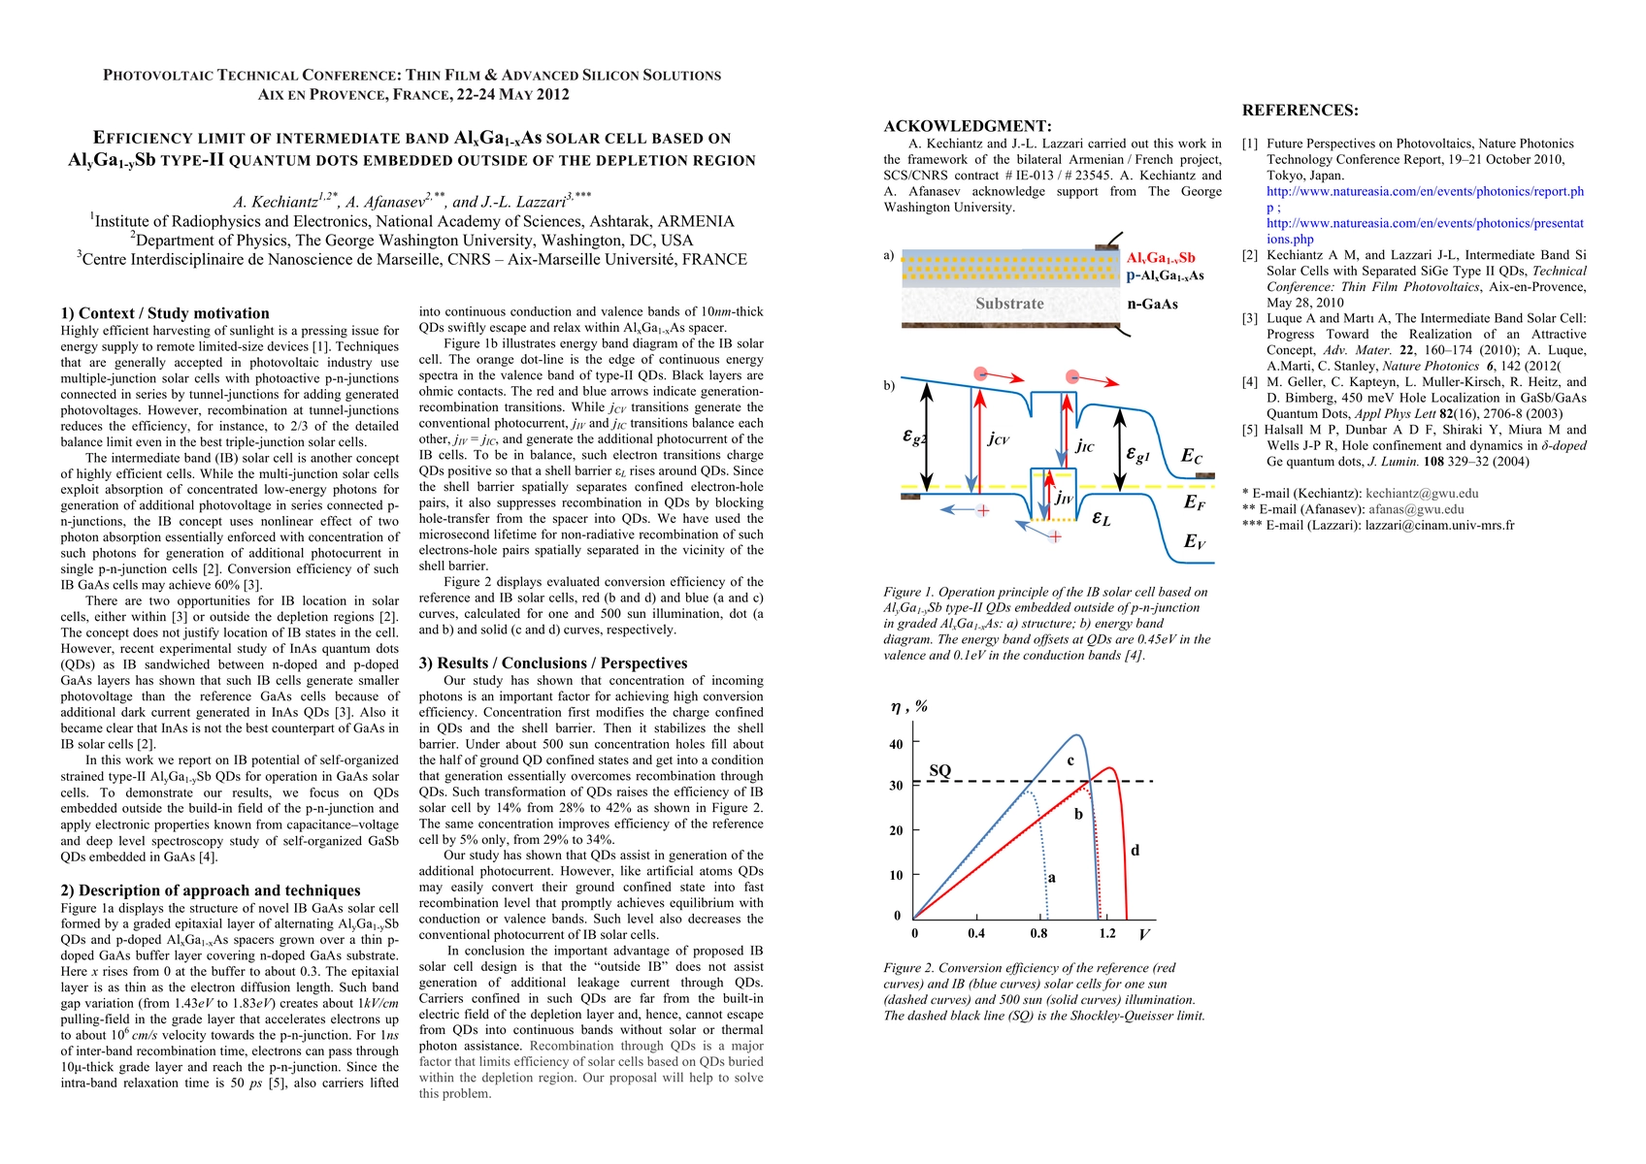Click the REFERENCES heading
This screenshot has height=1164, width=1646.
click(x=1300, y=111)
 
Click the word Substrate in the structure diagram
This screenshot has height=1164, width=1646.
click(x=1009, y=304)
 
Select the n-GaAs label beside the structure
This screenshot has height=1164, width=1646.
click(x=1152, y=305)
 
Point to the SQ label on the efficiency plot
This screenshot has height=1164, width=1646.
click(x=939, y=770)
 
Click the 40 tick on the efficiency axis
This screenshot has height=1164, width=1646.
click(x=896, y=744)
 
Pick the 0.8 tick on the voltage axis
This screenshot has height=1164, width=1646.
click(x=1038, y=934)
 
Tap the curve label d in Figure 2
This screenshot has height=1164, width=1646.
click(x=1135, y=851)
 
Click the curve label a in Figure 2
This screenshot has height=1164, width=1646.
click(x=1051, y=878)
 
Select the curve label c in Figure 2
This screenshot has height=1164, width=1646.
click(x=1070, y=760)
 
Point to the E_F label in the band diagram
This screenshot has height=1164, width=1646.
click(x=1194, y=502)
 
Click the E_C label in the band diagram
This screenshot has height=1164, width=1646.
click(x=1192, y=457)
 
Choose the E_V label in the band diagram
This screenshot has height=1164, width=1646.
click(x=1194, y=542)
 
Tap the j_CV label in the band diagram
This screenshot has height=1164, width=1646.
click(x=998, y=439)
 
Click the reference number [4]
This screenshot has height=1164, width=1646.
click(x=1250, y=382)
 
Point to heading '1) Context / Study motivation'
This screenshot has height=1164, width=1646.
click(x=165, y=313)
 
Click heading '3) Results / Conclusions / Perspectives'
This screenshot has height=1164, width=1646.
click(x=553, y=663)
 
